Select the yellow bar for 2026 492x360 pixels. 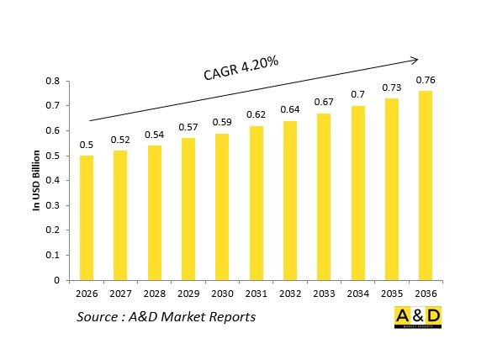click(87, 218)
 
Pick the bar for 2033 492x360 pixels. click(324, 197)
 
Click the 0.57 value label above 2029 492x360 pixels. click(188, 127)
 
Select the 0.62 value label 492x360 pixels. click(257, 114)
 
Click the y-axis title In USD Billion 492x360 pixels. click(38, 180)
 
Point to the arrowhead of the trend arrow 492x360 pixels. click(415, 59)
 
